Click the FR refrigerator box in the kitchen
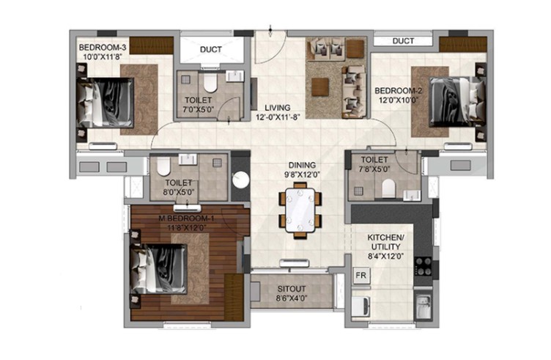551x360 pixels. [x=361, y=276]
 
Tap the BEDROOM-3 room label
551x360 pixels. [x=103, y=47]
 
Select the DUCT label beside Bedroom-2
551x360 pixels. [x=403, y=41]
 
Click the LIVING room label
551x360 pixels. [x=278, y=108]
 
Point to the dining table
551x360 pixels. [x=300, y=210]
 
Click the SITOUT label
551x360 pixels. [x=292, y=289]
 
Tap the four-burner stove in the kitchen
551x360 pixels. [x=423, y=266]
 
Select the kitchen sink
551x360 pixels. [x=423, y=304]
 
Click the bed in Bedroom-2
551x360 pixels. [x=457, y=102]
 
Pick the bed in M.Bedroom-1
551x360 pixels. [x=158, y=269]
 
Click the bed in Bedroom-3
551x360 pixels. [x=105, y=103]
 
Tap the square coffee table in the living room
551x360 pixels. [x=320, y=87]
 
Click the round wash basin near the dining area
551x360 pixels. [x=241, y=180]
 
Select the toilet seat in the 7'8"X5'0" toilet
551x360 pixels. [x=388, y=188]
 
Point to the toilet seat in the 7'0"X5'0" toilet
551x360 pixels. [x=210, y=83]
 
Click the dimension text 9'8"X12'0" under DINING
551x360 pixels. [x=302, y=174]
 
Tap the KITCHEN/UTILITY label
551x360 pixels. [x=385, y=242]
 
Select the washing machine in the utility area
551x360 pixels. [x=361, y=306]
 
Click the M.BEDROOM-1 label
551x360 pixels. [x=186, y=218]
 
